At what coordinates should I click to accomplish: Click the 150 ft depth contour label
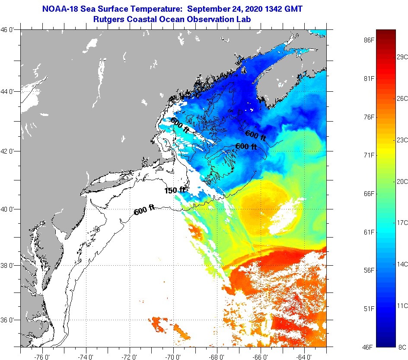click(175, 190)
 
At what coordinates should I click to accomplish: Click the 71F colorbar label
click(369, 155)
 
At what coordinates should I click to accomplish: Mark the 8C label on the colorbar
click(402, 347)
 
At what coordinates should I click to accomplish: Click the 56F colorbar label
click(369, 270)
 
